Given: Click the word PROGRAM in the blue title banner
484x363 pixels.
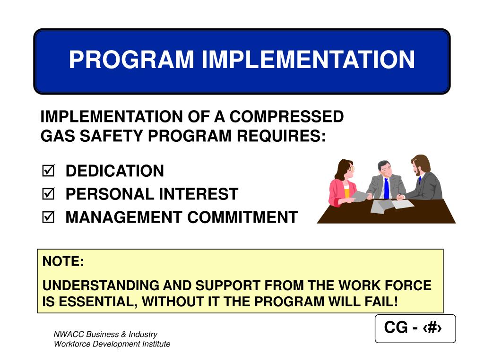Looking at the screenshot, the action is [131, 59].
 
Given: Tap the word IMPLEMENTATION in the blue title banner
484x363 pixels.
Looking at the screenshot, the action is [308, 59].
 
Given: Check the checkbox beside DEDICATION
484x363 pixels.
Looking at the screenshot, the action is [48, 170].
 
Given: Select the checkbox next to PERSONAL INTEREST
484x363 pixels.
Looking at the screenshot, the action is [48, 193].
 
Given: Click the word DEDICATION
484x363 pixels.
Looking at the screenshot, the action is [114, 171].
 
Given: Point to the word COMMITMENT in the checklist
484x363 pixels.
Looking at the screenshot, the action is [242, 217].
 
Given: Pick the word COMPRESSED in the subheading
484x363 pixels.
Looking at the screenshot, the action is [286, 116].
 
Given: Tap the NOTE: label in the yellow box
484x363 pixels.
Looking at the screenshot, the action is [63, 261].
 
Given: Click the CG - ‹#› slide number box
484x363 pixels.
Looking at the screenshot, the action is [415, 328].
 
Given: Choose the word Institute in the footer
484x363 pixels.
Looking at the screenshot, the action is [156, 344].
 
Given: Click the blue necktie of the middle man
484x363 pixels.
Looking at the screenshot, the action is [387, 188].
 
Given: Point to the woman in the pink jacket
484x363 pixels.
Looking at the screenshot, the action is [344, 183].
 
